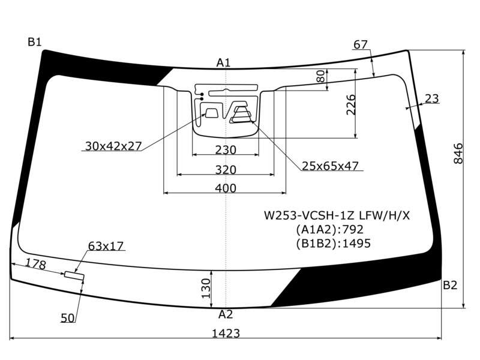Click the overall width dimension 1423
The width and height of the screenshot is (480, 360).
(x=226, y=333)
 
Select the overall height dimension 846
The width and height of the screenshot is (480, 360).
(x=458, y=154)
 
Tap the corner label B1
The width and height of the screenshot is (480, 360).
(x=34, y=41)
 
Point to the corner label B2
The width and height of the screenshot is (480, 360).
(x=450, y=286)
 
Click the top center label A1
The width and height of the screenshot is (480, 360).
(x=223, y=63)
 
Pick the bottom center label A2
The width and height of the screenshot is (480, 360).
(x=226, y=314)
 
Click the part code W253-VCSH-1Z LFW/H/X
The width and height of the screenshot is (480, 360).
(x=337, y=215)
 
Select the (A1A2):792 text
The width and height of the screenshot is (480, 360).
(x=329, y=229)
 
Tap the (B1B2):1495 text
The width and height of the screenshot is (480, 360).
(x=334, y=244)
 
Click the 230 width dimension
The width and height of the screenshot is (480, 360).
(x=226, y=150)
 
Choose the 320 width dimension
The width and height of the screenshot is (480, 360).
(x=226, y=170)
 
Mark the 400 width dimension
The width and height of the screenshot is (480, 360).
(x=226, y=188)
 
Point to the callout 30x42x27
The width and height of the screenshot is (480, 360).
(x=113, y=146)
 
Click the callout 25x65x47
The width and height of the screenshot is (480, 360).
(x=330, y=166)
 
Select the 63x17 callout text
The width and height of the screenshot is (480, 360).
(x=106, y=246)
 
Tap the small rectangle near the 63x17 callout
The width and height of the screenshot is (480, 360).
(x=74, y=275)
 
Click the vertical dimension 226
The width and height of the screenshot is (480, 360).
(x=351, y=104)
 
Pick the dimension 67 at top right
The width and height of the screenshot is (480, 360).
(x=361, y=44)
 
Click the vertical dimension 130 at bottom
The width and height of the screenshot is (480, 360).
(x=206, y=288)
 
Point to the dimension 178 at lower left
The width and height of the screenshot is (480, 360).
(x=36, y=264)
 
